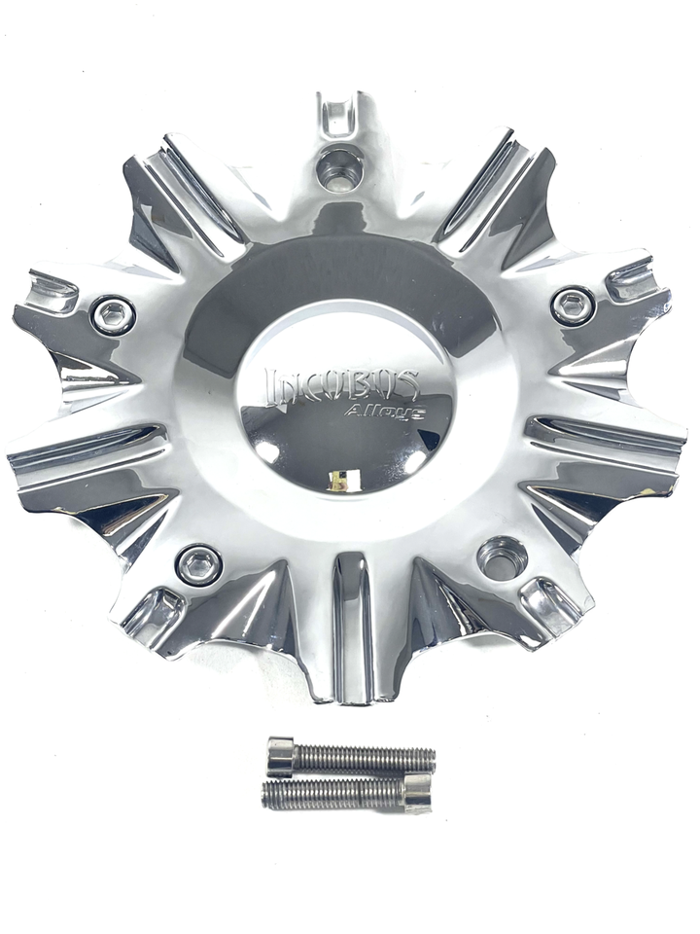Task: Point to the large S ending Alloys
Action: click(x=411, y=413)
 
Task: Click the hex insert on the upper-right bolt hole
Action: click(x=572, y=305)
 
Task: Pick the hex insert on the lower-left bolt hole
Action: click(x=199, y=563)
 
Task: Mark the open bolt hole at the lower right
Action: click(x=502, y=557)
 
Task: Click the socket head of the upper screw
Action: click(x=280, y=757)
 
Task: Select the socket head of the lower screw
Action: click(x=416, y=792)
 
